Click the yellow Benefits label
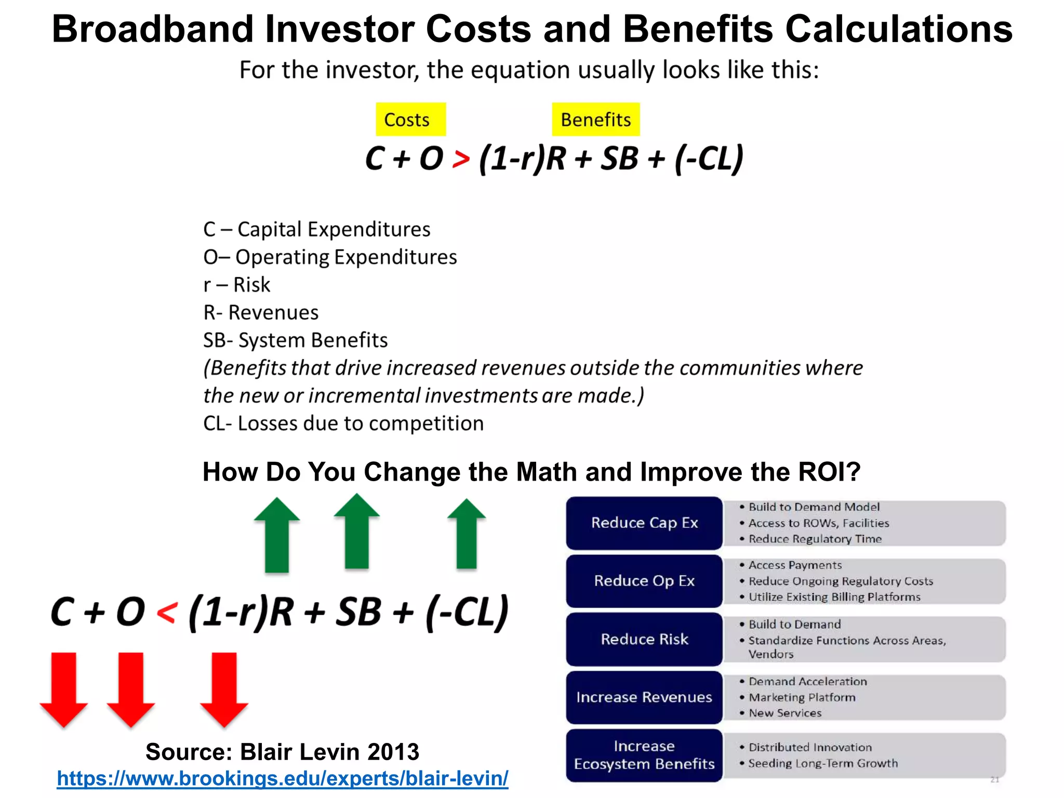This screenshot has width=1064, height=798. tap(595, 119)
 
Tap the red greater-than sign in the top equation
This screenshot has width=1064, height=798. tap(460, 159)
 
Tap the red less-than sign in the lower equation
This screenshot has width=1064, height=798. tap(167, 613)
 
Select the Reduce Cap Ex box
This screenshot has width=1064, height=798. tap(644, 523)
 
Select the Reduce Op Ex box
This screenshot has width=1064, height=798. tap(644, 581)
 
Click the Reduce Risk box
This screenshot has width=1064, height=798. tap(644, 639)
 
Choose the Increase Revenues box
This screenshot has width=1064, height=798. tap(644, 697)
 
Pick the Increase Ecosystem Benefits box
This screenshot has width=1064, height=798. tap(644, 755)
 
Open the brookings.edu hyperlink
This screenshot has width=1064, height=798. tap(282, 778)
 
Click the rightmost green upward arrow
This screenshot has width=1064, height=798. tap(467, 534)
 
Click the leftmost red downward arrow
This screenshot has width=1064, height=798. tap(64, 689)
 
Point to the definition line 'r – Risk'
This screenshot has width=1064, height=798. tap(237, 285)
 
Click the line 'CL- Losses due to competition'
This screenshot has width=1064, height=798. tap(343, 423)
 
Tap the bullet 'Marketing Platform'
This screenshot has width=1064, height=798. tap(802, 697)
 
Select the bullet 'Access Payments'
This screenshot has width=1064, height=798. tap(795, 565)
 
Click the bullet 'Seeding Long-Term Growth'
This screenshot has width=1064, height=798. tap(823, 763)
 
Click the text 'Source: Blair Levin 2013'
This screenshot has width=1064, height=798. tap(282, 752)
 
